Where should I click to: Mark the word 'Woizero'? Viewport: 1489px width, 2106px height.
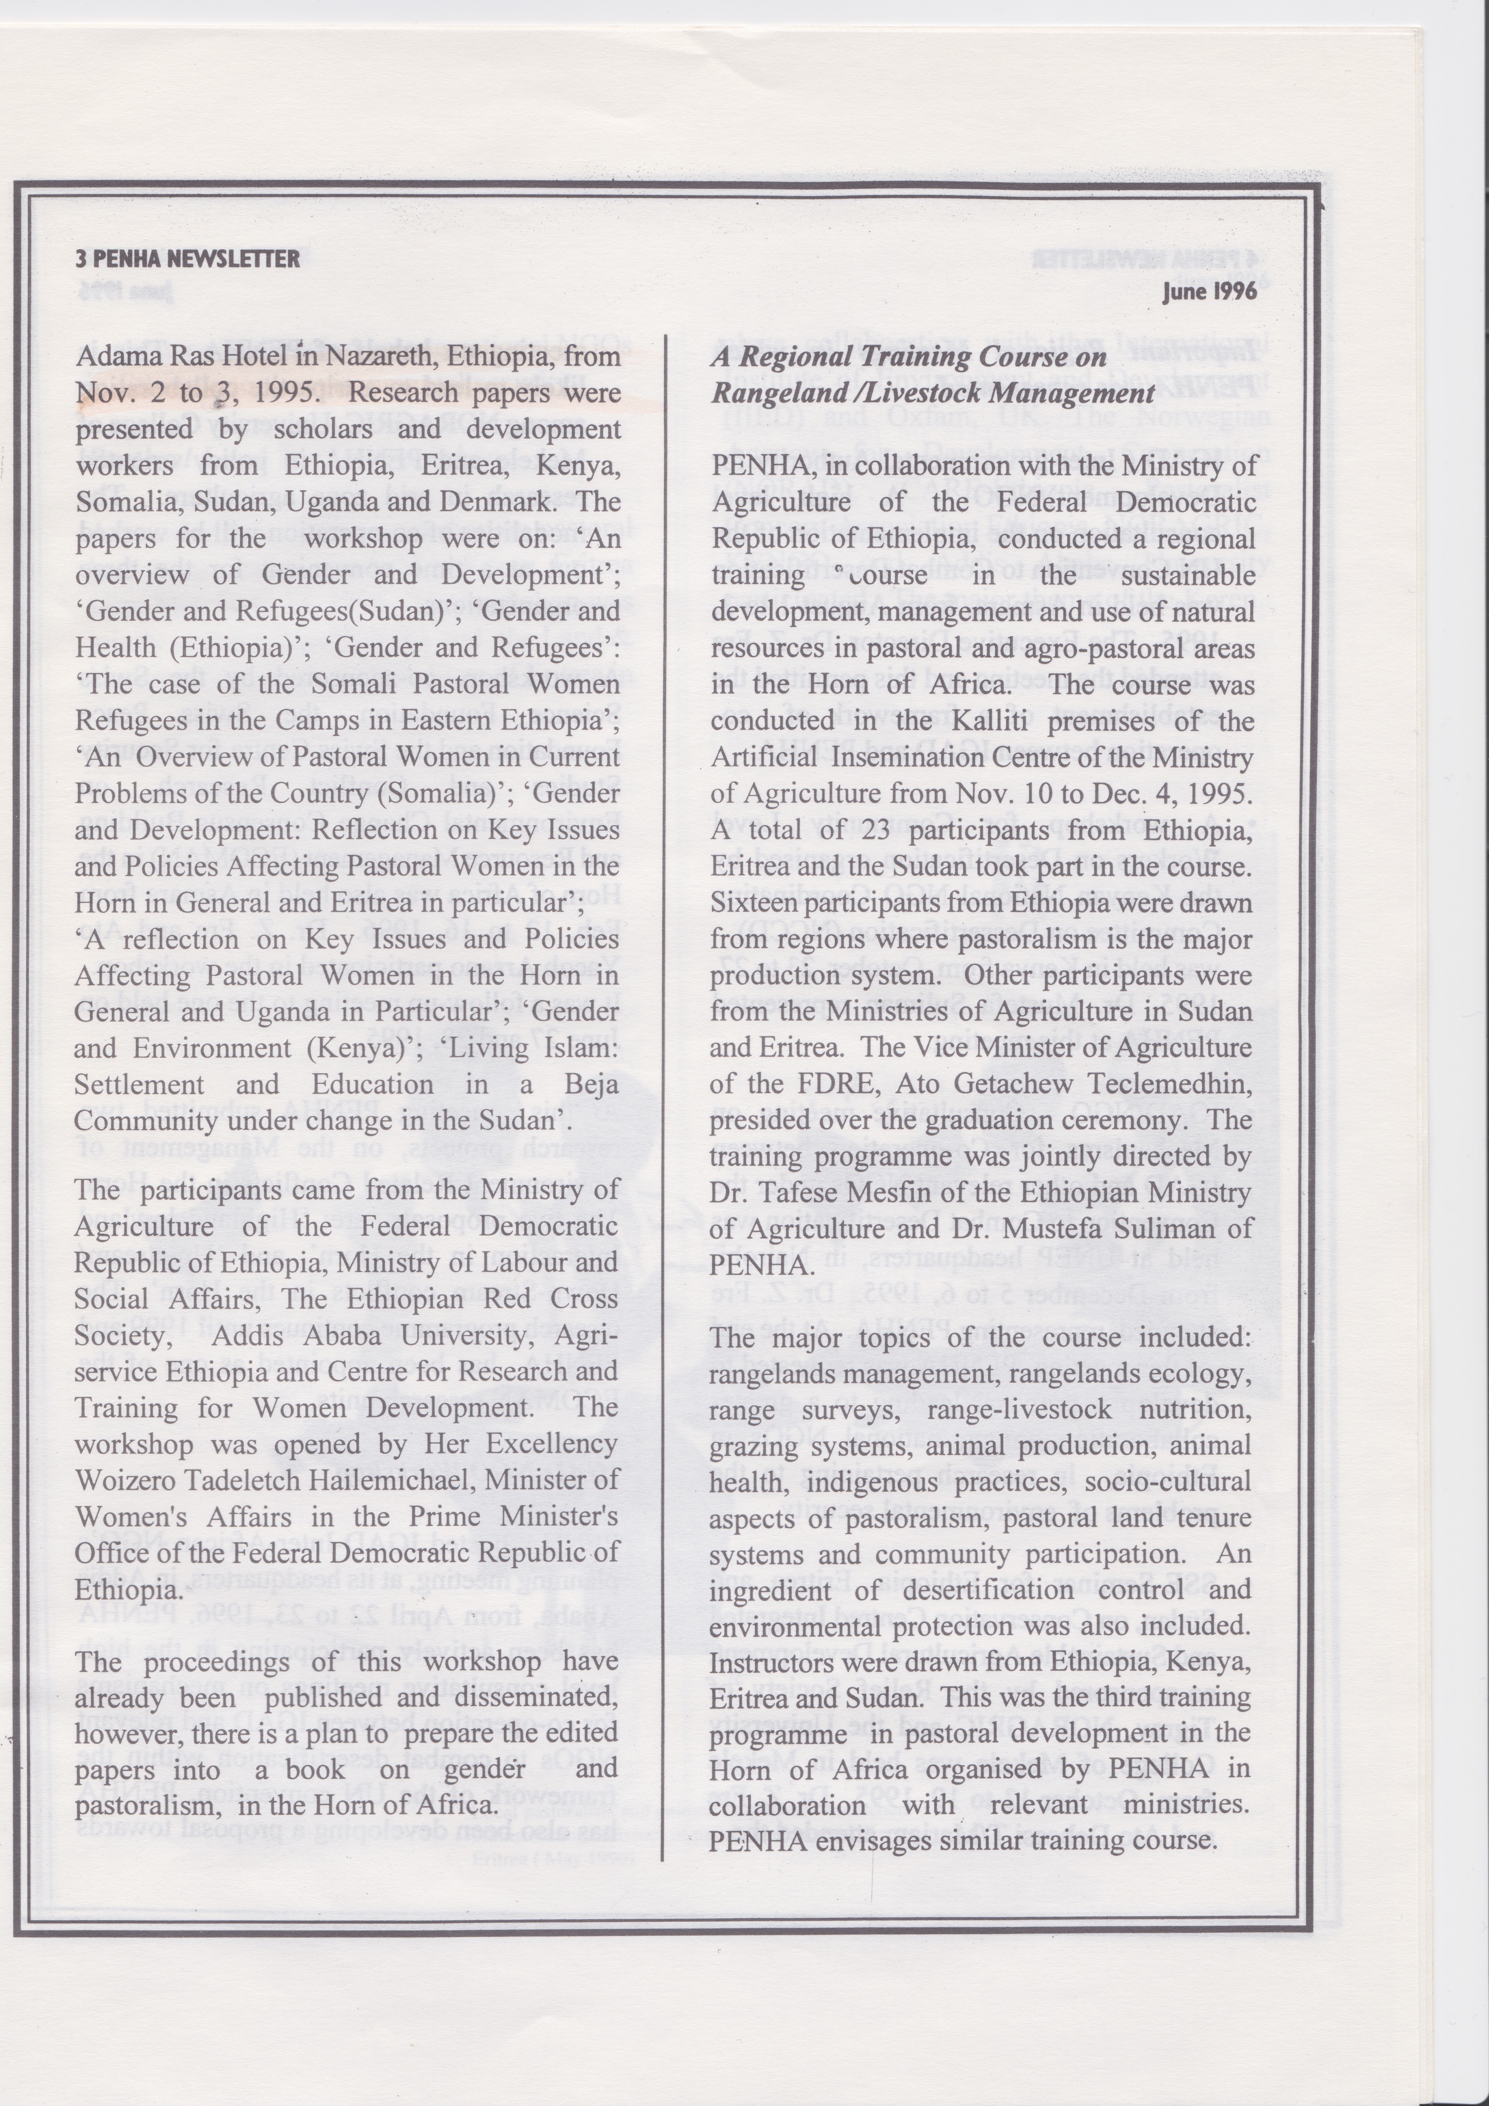coord(116,1480)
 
